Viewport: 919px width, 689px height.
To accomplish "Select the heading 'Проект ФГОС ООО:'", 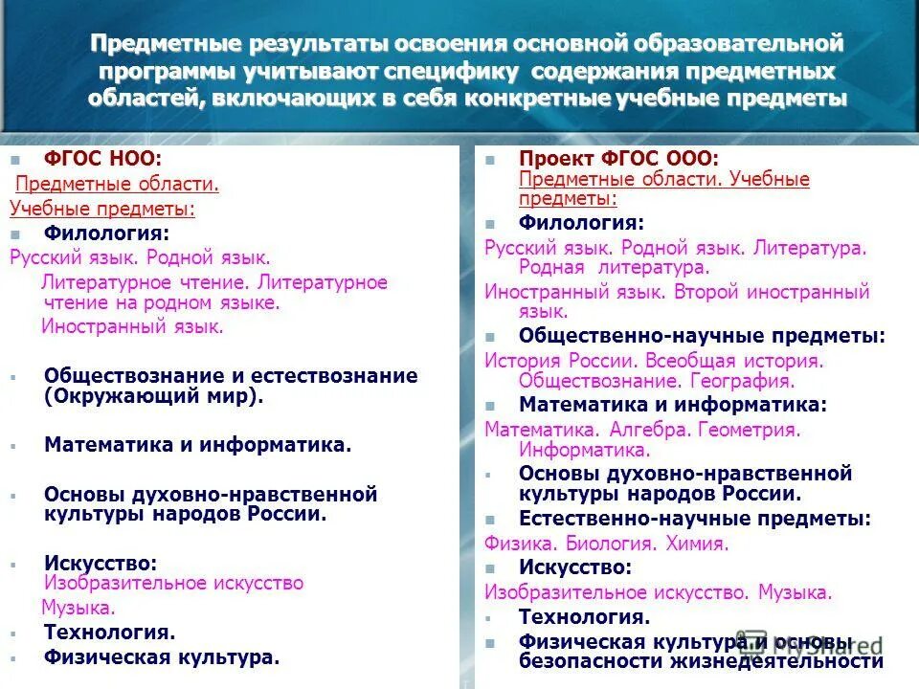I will click(x=618, y=158).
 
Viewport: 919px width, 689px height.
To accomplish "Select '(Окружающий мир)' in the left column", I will click(x=153, y=395).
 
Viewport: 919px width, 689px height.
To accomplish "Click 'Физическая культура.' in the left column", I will click(x=162, y=656).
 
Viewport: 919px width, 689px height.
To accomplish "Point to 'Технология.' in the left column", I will click(x=109, y=632).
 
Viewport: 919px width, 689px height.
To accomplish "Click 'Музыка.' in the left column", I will click(x=78, y=607).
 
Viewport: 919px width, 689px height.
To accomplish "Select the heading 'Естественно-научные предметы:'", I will click(x=694, y=519).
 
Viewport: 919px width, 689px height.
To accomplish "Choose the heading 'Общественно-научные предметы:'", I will click(x=702, y=336).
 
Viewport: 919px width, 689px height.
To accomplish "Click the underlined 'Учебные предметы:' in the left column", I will click(x=102, y=209).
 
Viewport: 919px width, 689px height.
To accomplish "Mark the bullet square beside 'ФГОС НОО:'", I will click(x=14, y=159).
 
